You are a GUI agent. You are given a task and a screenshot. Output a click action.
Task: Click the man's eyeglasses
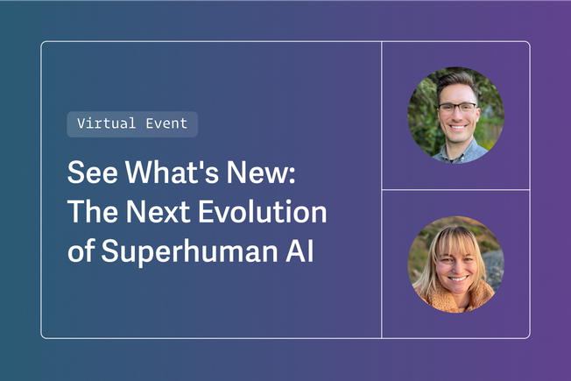(457, 109)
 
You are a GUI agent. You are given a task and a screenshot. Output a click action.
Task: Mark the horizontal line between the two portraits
(455, 189)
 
